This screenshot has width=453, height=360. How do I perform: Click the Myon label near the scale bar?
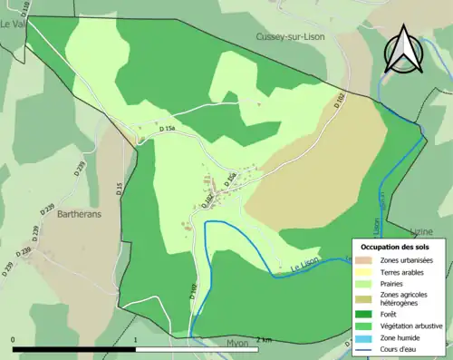pyautogui.click(x=212, y=344)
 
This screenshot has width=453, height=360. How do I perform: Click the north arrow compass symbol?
pyautogui.click(x=403, y=49)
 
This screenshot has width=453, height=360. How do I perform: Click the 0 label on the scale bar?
pyautogui.click(x=14, y=339)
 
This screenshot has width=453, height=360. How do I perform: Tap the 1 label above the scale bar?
pyautogui.click(x=135, y=339)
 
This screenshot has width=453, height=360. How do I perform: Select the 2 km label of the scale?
pyautogui.click(x=264, y=339)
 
